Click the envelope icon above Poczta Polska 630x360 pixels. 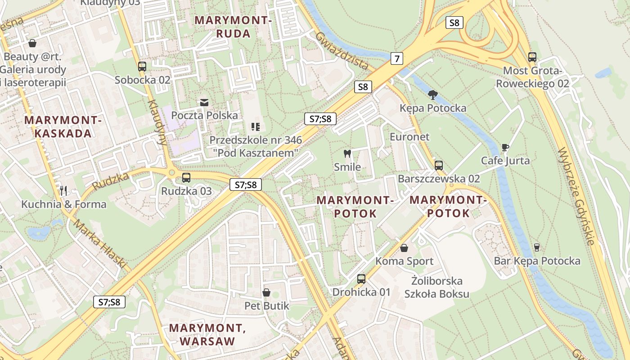click(205, 102)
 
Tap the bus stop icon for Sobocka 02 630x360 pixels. click(142, 67)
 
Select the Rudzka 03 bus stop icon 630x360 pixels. click(186, 178)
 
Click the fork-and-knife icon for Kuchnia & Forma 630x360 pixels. click(63, 191)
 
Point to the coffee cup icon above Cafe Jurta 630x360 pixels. click(505, 147)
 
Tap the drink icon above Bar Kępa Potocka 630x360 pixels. click(536, 247)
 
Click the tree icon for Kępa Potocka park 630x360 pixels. click(433, 94)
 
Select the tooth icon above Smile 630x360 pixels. click(347, 153)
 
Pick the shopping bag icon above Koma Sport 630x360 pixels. click(404, 248)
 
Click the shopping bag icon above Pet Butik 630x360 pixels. click(266, 293)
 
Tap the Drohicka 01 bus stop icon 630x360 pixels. click(361, 279)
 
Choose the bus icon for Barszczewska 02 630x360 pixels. click(439, 165)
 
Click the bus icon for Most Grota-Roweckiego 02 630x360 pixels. click(532, 57)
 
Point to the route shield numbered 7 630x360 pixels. click(396, 58)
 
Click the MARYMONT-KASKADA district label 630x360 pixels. click(63, 127)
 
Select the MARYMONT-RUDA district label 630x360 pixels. click(233, 27)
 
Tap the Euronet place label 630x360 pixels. click(409, 137)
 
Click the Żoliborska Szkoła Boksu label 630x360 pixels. click(436, 288)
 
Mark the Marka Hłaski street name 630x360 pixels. click(100, 243)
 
